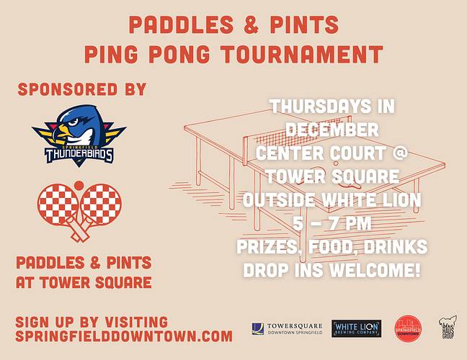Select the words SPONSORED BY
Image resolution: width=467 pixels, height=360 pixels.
tap(82, 90)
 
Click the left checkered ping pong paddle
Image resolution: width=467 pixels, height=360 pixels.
tap(62, 205)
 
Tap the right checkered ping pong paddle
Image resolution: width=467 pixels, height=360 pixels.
tap(98, 205)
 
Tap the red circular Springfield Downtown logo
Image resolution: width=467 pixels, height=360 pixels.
tap(407, 329)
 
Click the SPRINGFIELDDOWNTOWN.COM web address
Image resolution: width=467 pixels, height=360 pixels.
tap(124, 336)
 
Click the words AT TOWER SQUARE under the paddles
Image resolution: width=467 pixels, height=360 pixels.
tap(84, 282)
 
